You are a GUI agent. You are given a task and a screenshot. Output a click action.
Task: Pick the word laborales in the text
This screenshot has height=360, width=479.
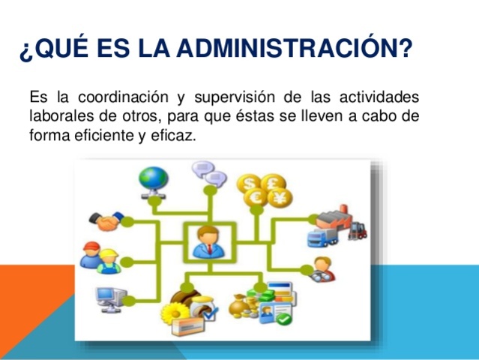(x=59, y=118)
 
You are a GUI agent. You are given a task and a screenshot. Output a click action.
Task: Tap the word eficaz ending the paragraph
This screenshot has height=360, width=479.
(x=180, y=137)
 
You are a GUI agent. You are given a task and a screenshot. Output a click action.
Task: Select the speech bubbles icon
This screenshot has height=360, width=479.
(x=208, y=175)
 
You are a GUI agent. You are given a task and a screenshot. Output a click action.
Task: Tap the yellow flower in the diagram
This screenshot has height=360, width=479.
(x=180, y=308)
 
